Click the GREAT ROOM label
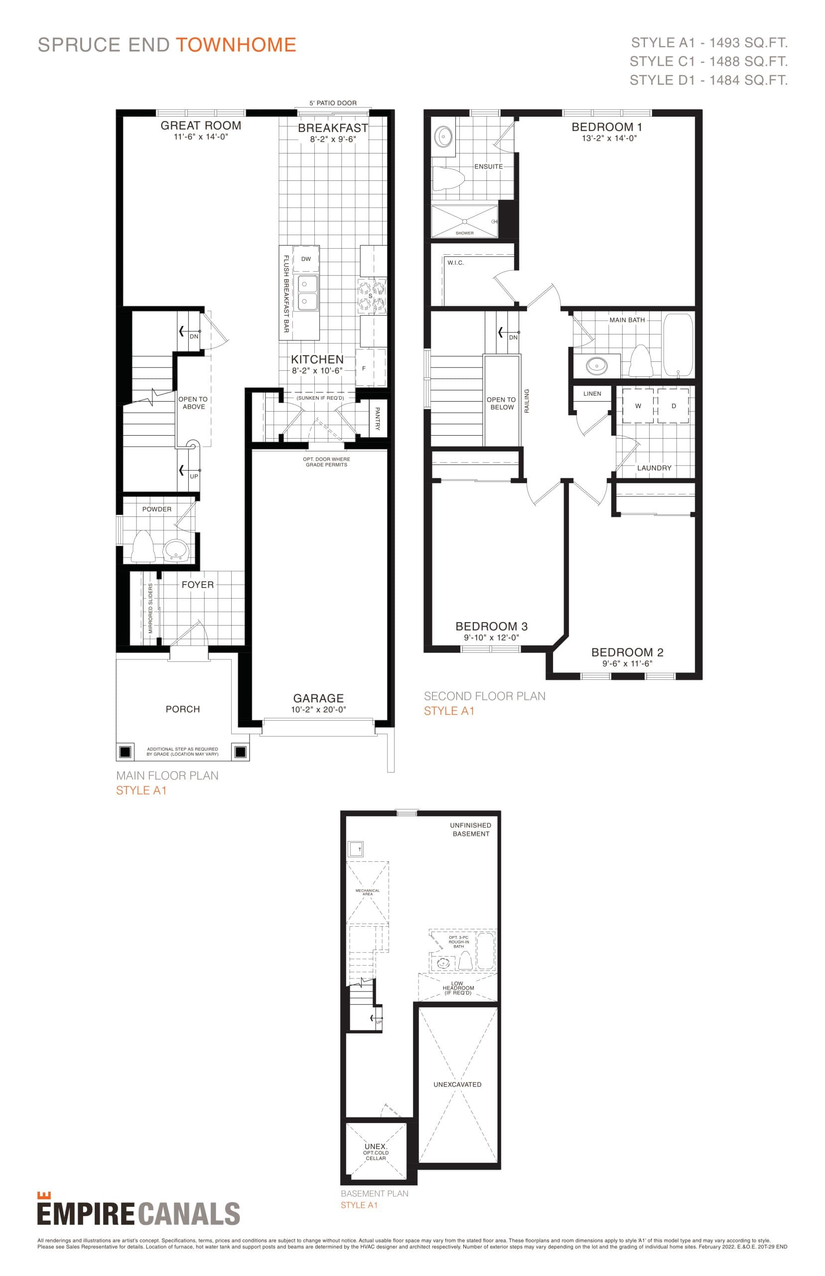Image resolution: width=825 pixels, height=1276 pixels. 201,126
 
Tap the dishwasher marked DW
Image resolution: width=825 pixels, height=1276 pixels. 306,259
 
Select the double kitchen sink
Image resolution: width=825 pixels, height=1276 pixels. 307,293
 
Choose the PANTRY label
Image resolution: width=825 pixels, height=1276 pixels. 378,419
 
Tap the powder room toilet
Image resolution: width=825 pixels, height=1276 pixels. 143,546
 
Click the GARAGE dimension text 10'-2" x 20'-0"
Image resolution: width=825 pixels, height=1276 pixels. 318,710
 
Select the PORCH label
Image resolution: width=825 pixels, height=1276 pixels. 183,709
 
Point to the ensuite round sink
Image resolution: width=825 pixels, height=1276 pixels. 443,137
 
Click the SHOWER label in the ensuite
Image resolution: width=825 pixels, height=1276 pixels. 464,233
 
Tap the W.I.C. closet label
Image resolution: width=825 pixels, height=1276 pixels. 456,263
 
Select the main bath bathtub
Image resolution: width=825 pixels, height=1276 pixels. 678,345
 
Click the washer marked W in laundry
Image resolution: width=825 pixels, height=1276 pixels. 638,406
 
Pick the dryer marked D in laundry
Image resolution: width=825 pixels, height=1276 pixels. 674,406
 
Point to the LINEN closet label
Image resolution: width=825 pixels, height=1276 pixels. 592,393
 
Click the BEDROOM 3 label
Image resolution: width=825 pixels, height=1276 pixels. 491,626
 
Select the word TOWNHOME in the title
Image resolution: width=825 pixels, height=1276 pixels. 236,44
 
